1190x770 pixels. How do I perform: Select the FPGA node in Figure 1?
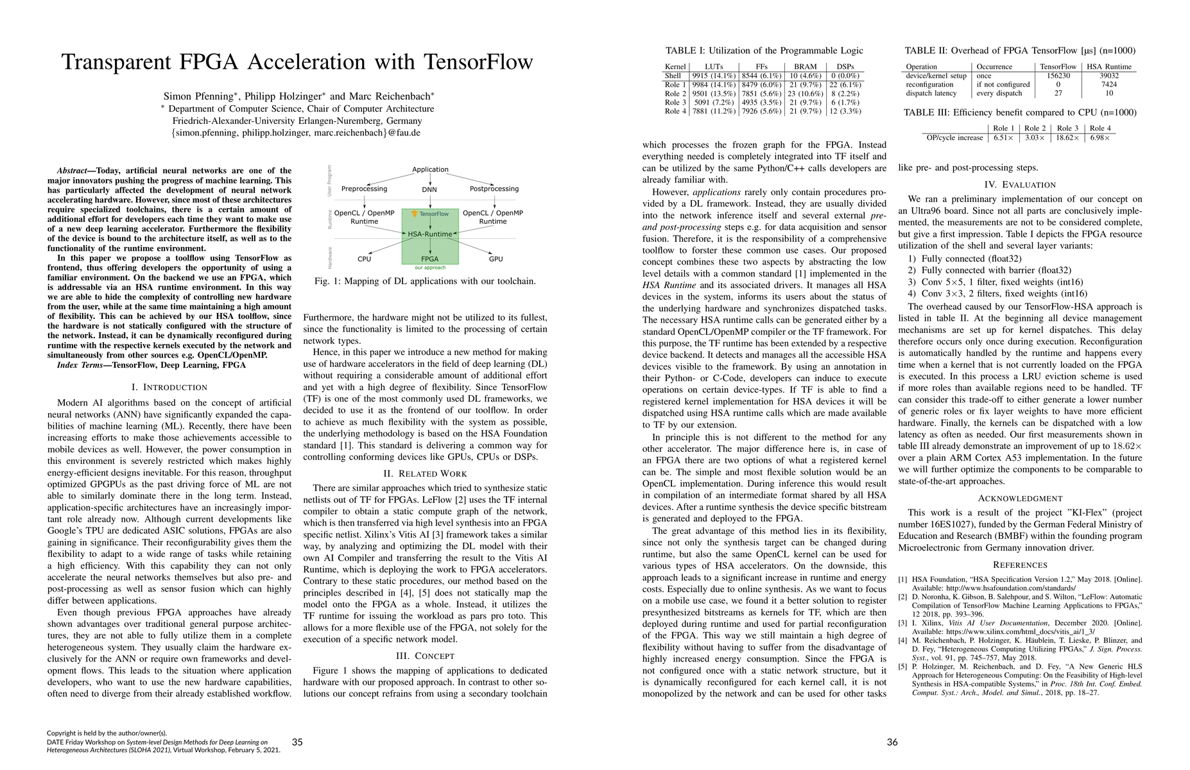pyautogui.click(x=429, y=259)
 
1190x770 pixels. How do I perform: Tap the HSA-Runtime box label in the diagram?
pyautogui.click(x=429, y=234)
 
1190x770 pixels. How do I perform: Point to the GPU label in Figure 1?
pyautogui.click(x=496, y=259)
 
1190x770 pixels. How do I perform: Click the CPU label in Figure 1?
pyautogui.click(x=365, y=259)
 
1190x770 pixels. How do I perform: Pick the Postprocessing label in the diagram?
pyautogui.click(x=494, y=189)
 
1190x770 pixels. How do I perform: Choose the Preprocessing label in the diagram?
pyautogui.click(x=364, y=189)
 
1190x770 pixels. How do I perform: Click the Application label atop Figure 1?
pyautogui.click(x=430, y=169)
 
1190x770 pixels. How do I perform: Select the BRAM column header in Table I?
pyautogui.click(x=806, y=67)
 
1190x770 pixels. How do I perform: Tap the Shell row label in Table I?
pyautogui.click(x=673, y=76)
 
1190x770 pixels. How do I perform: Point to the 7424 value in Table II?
pyautogui.click(x=1108, y=85)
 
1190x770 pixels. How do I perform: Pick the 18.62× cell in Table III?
pyautogui.click(x=1067, y=138)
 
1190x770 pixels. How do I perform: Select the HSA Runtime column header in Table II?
pyautogui.click(x=1109, y=67)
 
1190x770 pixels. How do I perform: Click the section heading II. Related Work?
pyautogui.click(x=425, y=474)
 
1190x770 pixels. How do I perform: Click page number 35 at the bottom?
pyautogui.click(x=297, y=742)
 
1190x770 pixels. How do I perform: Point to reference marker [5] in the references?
pyautogui.click(x=902, y=667)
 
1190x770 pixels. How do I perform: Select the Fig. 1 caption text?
pyautogui.click(x=425, y=281)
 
